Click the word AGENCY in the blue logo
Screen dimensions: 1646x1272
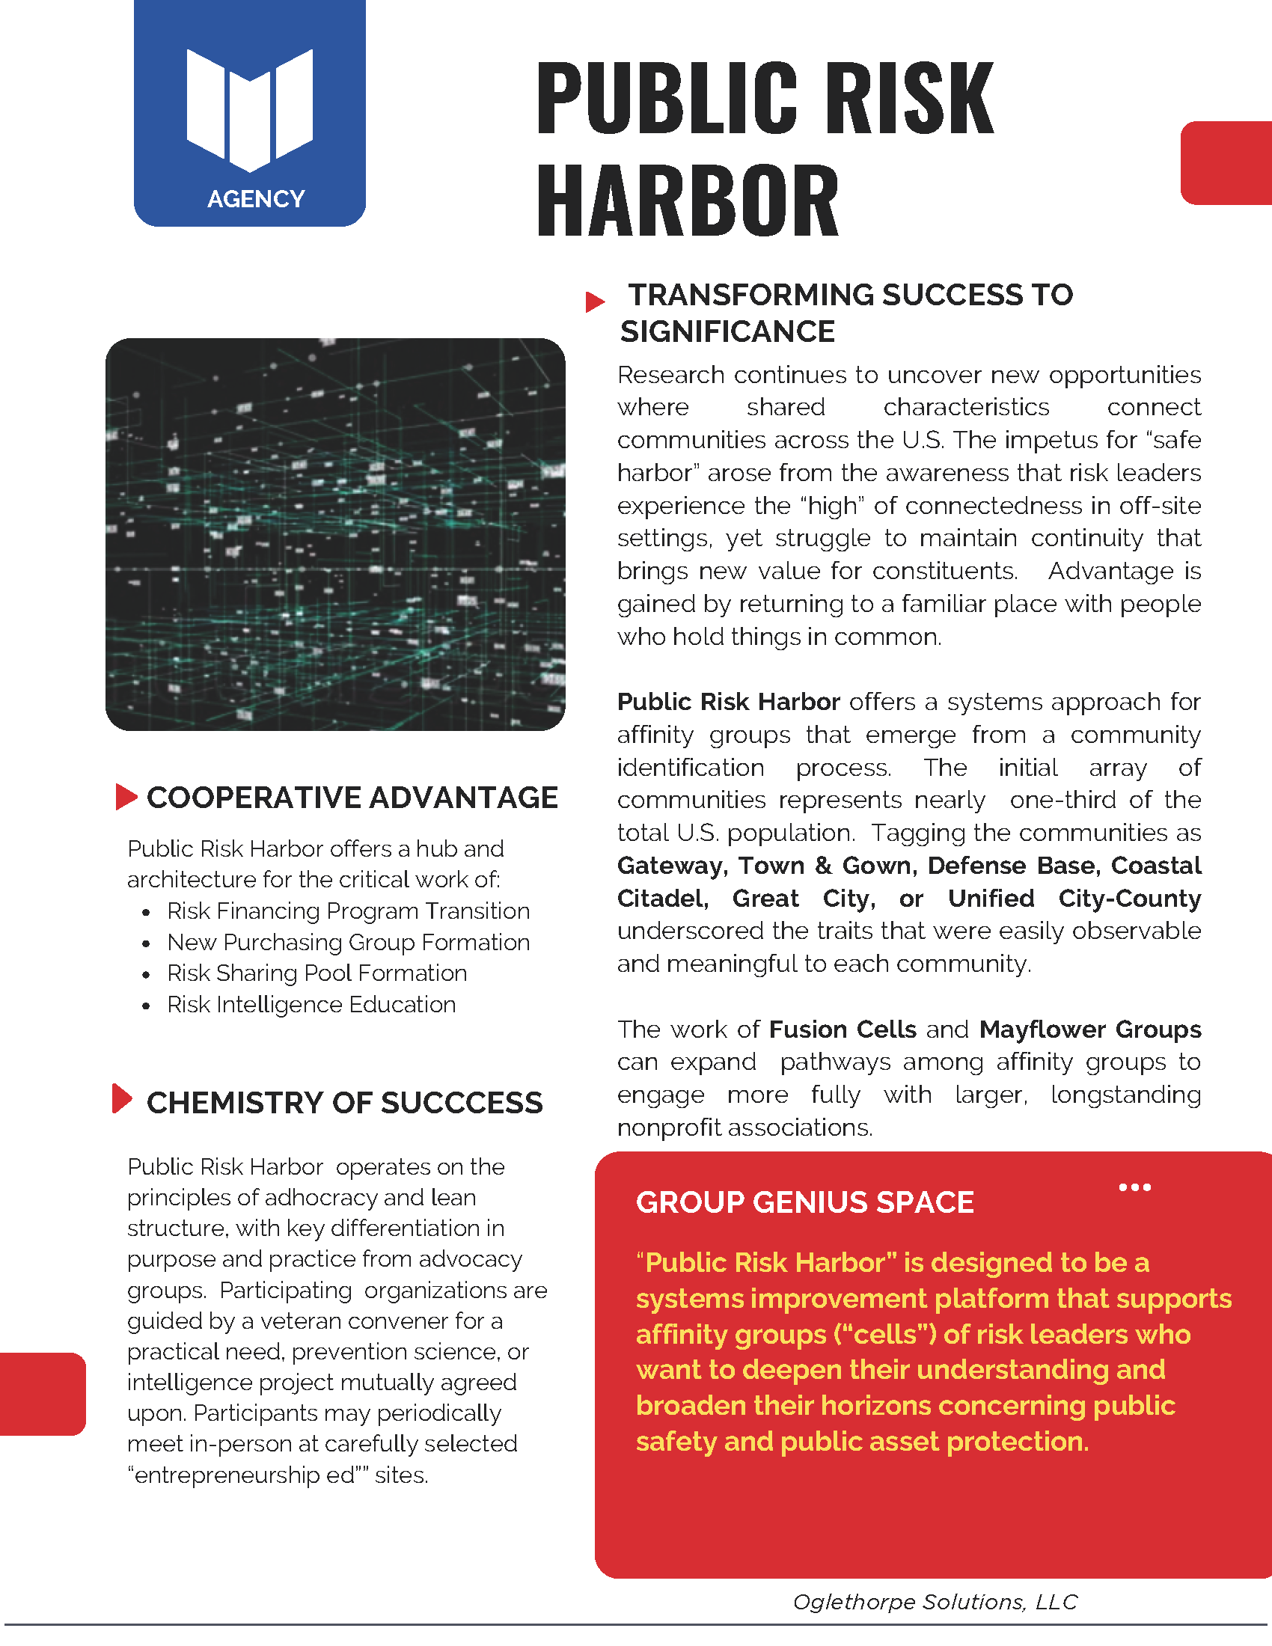pos(255,199)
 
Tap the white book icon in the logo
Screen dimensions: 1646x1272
pos(249,108)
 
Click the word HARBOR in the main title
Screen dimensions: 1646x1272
pos(687,201)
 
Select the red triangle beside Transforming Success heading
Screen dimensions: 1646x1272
pos(595,302)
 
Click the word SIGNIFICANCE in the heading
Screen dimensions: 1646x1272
pos(727,331)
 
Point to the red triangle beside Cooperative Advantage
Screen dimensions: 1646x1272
pos(126,797)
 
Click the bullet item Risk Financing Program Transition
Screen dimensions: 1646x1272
pos(348,911)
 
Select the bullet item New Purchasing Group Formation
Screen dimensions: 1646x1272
pos(348,942)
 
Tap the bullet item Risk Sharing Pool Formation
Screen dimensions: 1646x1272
pos(317,973)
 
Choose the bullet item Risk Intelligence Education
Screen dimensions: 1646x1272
pos(311,1005)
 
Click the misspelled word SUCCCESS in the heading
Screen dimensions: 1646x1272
pos(461,1103)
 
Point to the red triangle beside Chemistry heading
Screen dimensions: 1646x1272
pos(121,1098)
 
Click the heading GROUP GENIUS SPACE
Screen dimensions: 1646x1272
pos(805,1202)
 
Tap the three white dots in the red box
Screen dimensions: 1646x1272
pos(1134,1187)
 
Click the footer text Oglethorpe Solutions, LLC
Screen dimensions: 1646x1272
pos(935,1602)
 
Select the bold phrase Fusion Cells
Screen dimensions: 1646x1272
pos(843,1029)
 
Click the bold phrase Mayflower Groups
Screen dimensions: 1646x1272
pos(1089,1029)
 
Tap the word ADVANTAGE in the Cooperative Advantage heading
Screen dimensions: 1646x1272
pos(463,798)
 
